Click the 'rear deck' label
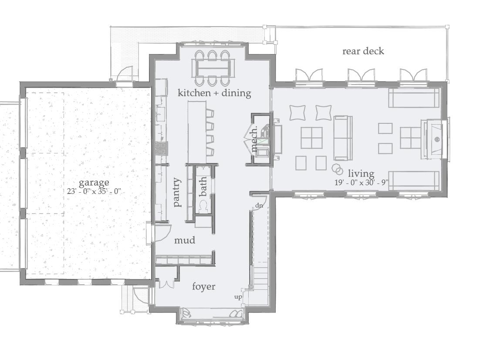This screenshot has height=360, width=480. pos(363,51)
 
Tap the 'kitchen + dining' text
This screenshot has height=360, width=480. pos(214,93)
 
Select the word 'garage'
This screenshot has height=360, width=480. pos(94,182)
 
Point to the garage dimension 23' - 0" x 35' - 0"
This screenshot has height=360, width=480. pos(94,191)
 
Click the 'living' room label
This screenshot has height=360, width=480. pos(361,174)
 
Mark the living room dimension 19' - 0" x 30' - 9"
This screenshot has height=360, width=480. pos(361,183)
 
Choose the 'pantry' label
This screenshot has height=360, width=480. pos(177,192)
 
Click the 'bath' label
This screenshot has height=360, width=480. pos(203,186)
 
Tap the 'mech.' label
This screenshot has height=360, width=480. pos(255,139)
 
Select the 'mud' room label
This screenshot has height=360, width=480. pos(184,240)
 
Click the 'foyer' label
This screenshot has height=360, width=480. pos(204,286)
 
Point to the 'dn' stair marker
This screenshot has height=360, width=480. pos(259,205)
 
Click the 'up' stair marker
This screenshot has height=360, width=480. pos(238,297)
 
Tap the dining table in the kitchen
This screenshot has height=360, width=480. pos(212,68)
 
